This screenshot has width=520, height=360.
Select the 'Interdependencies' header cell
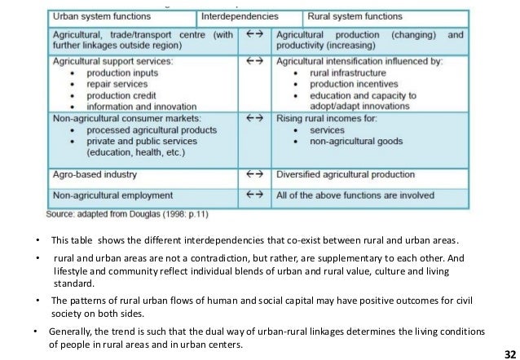pos(249,16)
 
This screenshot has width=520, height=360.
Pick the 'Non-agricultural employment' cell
pos(113,195)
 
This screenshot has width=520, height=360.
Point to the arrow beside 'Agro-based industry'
pos(255,173)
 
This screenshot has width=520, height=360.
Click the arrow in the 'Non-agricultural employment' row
pos(255,195)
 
